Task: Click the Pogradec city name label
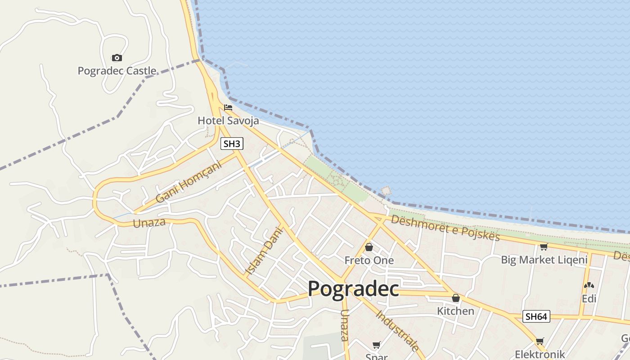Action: pos(353,289)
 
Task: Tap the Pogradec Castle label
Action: pos(117,71)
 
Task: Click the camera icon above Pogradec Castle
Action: pos(117,58)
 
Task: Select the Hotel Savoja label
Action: pos(228,121)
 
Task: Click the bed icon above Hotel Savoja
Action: pos(228,108)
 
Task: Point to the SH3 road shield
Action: pos(232,144)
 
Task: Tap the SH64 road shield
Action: pos(536,316)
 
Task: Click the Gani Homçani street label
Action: pos(189,182)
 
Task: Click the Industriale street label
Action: pos(398,330)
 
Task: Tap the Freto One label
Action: pos(369,260)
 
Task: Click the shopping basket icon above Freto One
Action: pos(369,247)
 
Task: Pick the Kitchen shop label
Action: pos(455,311)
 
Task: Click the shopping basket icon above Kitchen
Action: pos(456,298)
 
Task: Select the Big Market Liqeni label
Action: pos(544,260)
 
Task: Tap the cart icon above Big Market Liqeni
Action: pos(544,247)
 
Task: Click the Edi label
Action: pos(589,298)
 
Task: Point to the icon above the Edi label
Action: pos(589,285)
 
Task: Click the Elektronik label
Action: pos(540,354)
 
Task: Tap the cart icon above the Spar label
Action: pos(376,345)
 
